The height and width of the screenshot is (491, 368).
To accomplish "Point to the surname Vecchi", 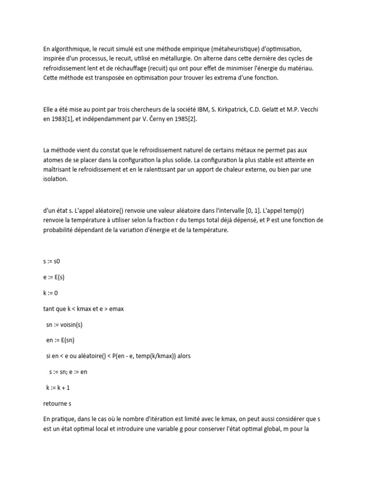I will click(308, 109).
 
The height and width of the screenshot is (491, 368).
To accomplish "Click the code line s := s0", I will click(53, 262).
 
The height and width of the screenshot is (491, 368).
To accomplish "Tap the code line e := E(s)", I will click(54, 277).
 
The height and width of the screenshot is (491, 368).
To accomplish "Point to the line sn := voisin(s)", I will click(65, 325).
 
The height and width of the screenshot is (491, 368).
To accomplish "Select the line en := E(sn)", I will click(61, 340).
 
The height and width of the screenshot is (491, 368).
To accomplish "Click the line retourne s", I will click(57, 403).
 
